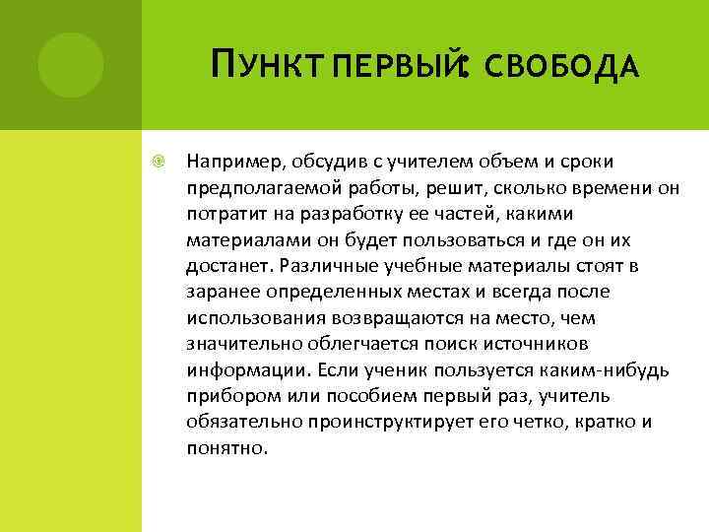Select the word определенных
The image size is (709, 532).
pos(321,293)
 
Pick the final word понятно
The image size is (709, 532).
pos(226,448)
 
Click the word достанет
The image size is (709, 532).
pos(227,266)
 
